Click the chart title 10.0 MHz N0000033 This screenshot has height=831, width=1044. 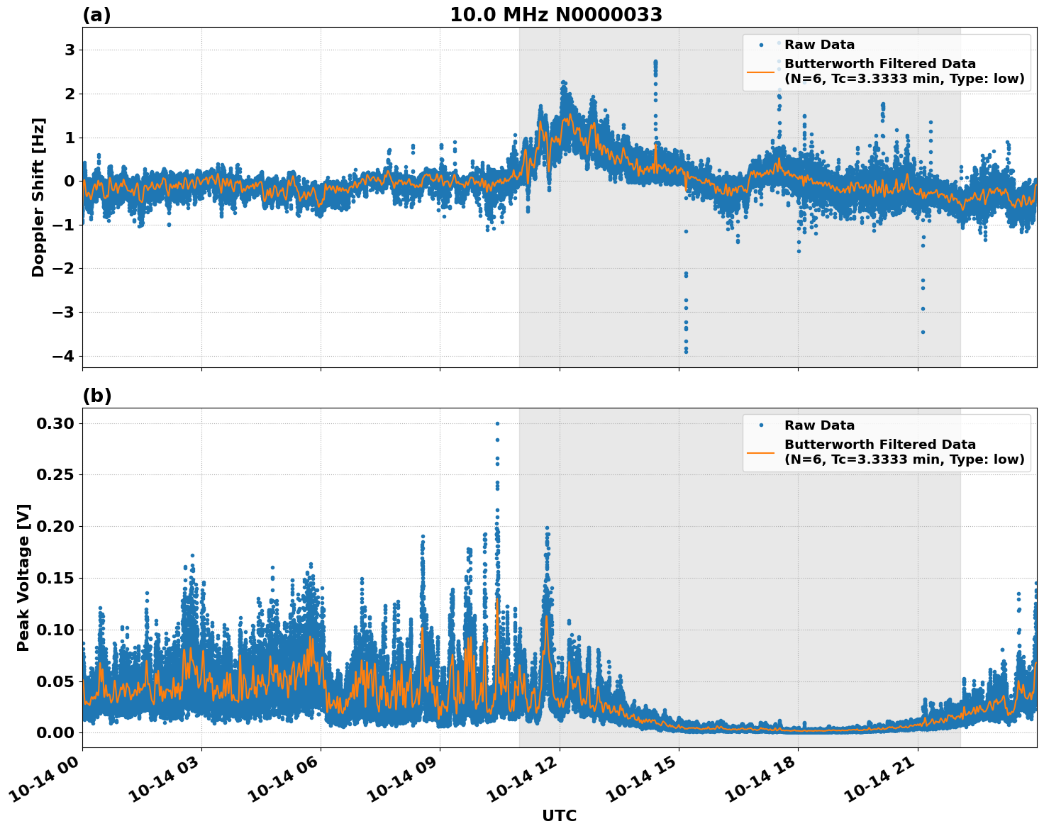(x=556, y=15)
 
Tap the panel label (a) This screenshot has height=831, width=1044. (x=96, y=15)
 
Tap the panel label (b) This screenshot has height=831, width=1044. (x=96, y=396)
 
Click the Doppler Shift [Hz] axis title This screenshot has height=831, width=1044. (x=38, y=197)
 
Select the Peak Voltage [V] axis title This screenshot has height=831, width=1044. (x=23, y=578)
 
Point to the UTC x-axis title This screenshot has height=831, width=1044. (x=559, y=815)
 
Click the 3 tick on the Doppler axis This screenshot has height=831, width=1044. (x=70, y=50)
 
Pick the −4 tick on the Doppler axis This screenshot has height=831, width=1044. (x=64, y=356)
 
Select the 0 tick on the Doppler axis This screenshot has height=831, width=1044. (x=70, y=181)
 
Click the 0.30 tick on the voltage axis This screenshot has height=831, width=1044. (x=55, y=423)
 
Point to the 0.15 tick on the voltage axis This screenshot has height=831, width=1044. (x=55, y=578)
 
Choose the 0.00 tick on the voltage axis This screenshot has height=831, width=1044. (x=55, y=732)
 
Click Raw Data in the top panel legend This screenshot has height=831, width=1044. (x=819, y=45)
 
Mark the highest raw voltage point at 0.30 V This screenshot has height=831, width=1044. (x=497, y=423)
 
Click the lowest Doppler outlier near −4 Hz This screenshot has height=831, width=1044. (x=686, y=352)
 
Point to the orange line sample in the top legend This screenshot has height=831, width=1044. (x=761, y=72)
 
